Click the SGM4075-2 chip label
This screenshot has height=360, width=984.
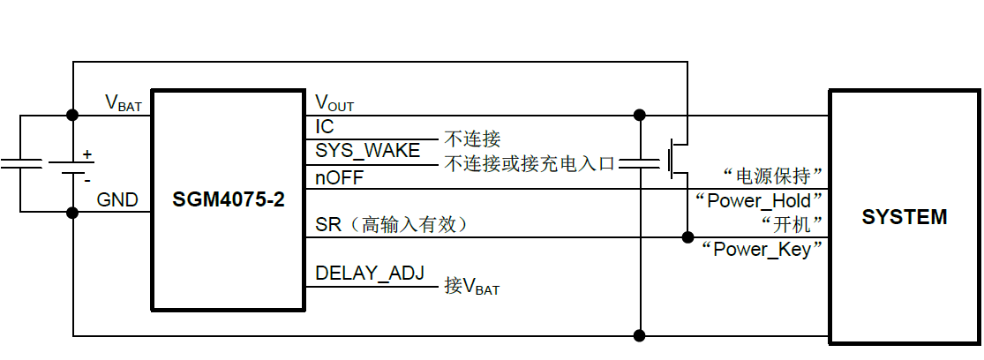(229, 200)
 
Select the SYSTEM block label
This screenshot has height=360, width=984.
(905, 217)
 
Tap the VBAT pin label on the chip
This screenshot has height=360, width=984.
(124, 103)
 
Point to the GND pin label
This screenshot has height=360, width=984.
(117, 200)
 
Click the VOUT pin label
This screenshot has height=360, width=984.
(334, 103)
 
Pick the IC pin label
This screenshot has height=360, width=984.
(325, 128)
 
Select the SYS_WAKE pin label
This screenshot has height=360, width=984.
(368, 151)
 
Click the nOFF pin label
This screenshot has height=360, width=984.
(339, 177)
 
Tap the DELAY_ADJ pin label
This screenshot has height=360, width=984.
(370, 274)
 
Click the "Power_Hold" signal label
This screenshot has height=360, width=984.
(760, 200)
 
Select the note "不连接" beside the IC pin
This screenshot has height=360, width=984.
(472, 139)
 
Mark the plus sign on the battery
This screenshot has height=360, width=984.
(87, 154)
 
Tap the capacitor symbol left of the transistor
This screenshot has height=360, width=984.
(640, 162)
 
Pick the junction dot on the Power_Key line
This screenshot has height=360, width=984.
(687, 236)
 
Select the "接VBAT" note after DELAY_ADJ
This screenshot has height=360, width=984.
(472, 286)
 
